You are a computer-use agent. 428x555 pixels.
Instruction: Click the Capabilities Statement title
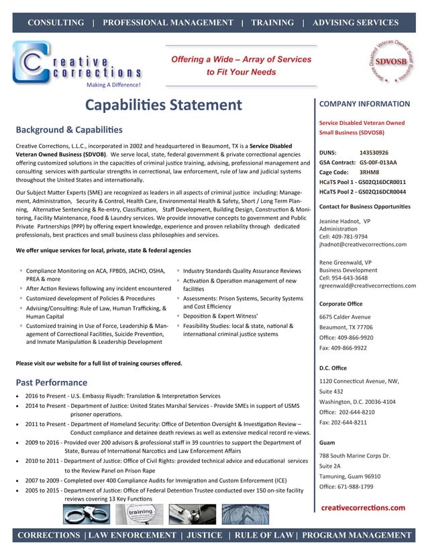click(164, 105)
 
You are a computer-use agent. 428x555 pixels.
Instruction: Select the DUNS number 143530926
click(374, 153)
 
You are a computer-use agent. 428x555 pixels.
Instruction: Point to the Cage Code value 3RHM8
click(370, 172)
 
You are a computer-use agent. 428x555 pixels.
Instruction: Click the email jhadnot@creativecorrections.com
click(366, 246)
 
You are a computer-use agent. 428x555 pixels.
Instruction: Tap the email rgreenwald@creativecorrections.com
click(368, 286)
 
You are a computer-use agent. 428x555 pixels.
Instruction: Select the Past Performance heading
click(51, 382)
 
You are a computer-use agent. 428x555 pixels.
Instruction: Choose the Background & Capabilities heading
click(69, 128)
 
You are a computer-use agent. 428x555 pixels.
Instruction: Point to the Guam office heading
click(327, 443)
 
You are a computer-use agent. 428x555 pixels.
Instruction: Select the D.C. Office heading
click(334, 368)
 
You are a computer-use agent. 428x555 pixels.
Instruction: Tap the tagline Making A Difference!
click(113, 85)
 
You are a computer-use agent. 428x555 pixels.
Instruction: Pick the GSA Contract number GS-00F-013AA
click(378, 163)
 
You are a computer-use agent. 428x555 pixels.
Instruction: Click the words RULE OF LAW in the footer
click(263, 535)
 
